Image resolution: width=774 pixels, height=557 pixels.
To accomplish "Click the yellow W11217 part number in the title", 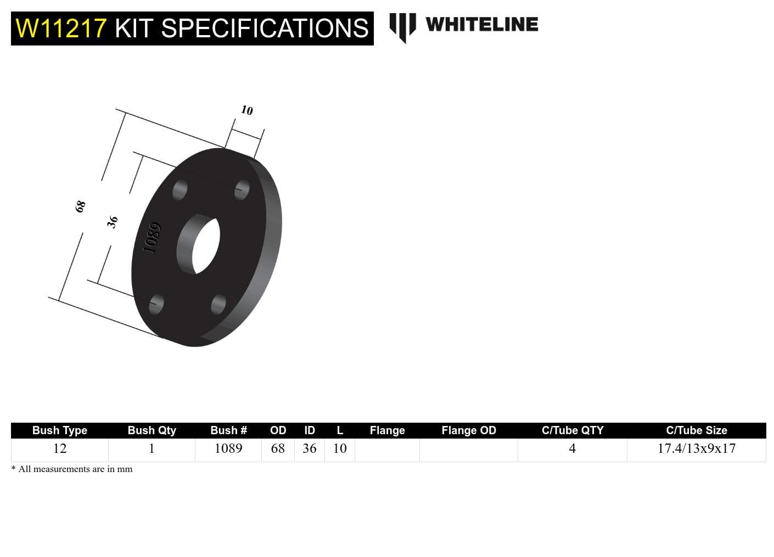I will click(60, 29).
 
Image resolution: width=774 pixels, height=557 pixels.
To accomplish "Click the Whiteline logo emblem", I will click(402, 26).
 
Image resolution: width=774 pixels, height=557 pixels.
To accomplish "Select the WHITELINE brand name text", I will click(481, 25).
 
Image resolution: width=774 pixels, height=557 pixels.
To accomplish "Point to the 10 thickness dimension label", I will click(247, 110).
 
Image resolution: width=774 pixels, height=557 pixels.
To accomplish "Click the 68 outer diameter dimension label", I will click(81, 206).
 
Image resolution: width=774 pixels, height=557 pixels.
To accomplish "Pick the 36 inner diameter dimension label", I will click(113, 222).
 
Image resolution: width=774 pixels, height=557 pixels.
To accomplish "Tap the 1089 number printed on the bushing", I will click(152, 238).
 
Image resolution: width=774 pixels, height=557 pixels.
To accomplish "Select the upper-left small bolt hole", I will click(180, 190).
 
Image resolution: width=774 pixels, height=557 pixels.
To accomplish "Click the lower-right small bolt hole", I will click(218, 304).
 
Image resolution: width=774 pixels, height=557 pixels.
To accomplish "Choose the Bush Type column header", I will click(59, 430).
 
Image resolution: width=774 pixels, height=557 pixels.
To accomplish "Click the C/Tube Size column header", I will click(696, 430).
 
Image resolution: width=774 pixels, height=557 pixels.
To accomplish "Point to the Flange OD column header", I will click(468, 430).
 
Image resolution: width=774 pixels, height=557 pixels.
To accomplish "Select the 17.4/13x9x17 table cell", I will click(696, 448).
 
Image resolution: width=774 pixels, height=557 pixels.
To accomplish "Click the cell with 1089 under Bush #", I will click(228, 448).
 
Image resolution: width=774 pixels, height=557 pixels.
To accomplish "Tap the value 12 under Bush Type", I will click(59, 448).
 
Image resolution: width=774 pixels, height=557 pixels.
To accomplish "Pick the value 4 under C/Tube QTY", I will click(572, 448).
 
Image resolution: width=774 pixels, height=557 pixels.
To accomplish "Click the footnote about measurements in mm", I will click(72, 469).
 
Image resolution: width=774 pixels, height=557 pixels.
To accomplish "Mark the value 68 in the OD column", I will click(278, 448).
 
